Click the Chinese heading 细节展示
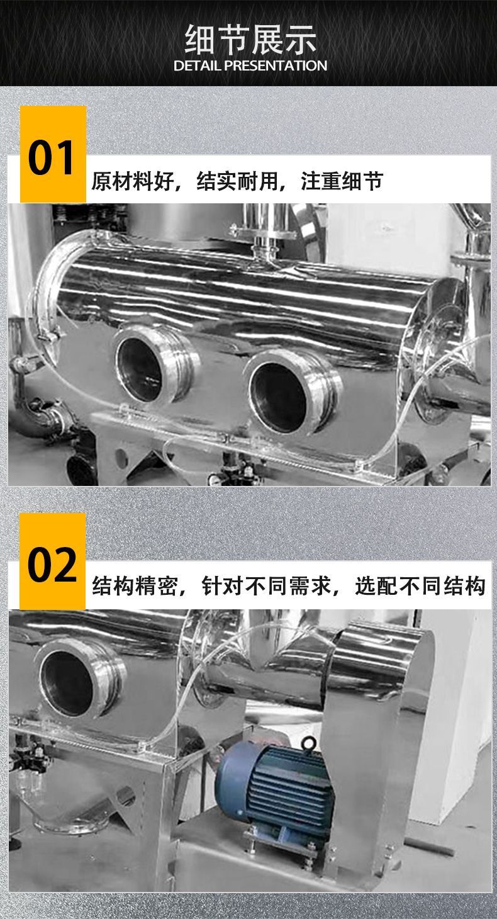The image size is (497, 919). [250, 40]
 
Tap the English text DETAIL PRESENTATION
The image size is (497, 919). [250, 65]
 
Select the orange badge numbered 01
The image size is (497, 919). [53, 155]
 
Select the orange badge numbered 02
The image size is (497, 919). [52, 562]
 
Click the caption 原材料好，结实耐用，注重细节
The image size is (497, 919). [237, 182]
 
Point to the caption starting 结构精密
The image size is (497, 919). [289, 586]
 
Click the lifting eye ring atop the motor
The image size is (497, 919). [308, 745]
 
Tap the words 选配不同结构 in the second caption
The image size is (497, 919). [420, 586]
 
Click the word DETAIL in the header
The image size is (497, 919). [196, 65]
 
